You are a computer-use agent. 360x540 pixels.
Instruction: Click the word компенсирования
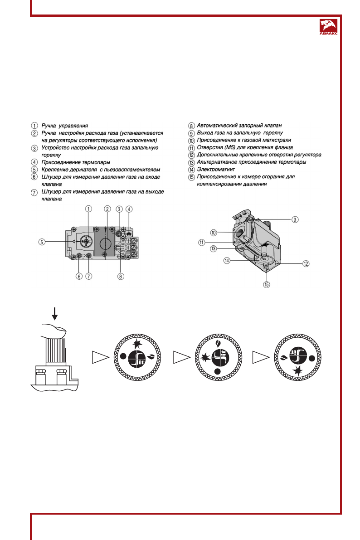click(219, 185)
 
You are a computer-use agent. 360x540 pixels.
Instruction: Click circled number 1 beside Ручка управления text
click(34, 125)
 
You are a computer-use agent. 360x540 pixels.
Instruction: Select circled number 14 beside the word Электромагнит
click(191, 170)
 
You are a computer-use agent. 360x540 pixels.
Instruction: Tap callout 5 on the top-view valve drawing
click(41, 242)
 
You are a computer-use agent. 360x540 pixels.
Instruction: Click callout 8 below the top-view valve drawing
click(121, 276)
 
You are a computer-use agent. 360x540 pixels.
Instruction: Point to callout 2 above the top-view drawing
click(107, 209)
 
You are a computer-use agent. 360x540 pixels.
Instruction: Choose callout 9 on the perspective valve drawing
click(295, 219)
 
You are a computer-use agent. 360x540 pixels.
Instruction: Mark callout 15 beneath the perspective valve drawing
click(267, 285)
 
